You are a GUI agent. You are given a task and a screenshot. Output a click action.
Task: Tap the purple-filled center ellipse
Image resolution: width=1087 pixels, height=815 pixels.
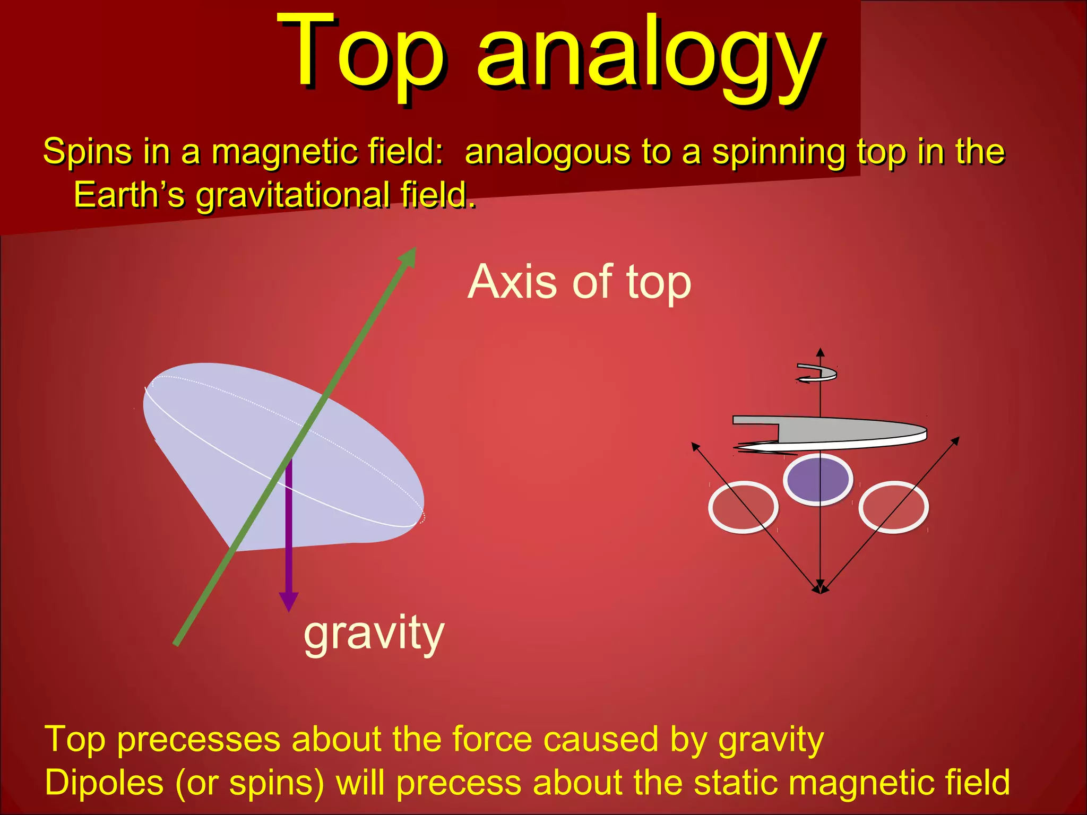click(817, 479)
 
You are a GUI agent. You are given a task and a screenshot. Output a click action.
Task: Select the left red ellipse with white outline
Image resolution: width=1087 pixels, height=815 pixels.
click(743, 507)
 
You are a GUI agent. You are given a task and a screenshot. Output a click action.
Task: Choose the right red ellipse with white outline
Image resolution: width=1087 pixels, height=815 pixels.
click(893, 507)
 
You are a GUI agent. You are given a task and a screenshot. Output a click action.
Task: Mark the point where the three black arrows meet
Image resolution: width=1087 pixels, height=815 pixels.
click(821, 591)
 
